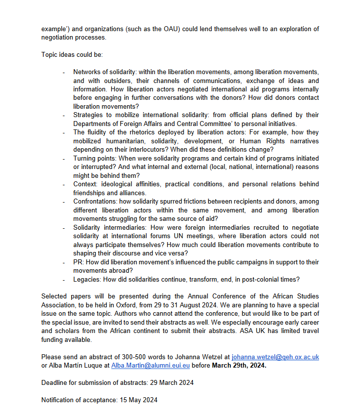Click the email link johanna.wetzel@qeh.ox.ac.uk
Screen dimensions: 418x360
click(275, 357)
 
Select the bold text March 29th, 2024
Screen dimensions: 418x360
click(240, 365)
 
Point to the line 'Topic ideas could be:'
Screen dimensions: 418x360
click(72, 54)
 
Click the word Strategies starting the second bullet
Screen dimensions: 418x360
click(89, 115)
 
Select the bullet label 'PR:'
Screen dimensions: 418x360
click(79, 262)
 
